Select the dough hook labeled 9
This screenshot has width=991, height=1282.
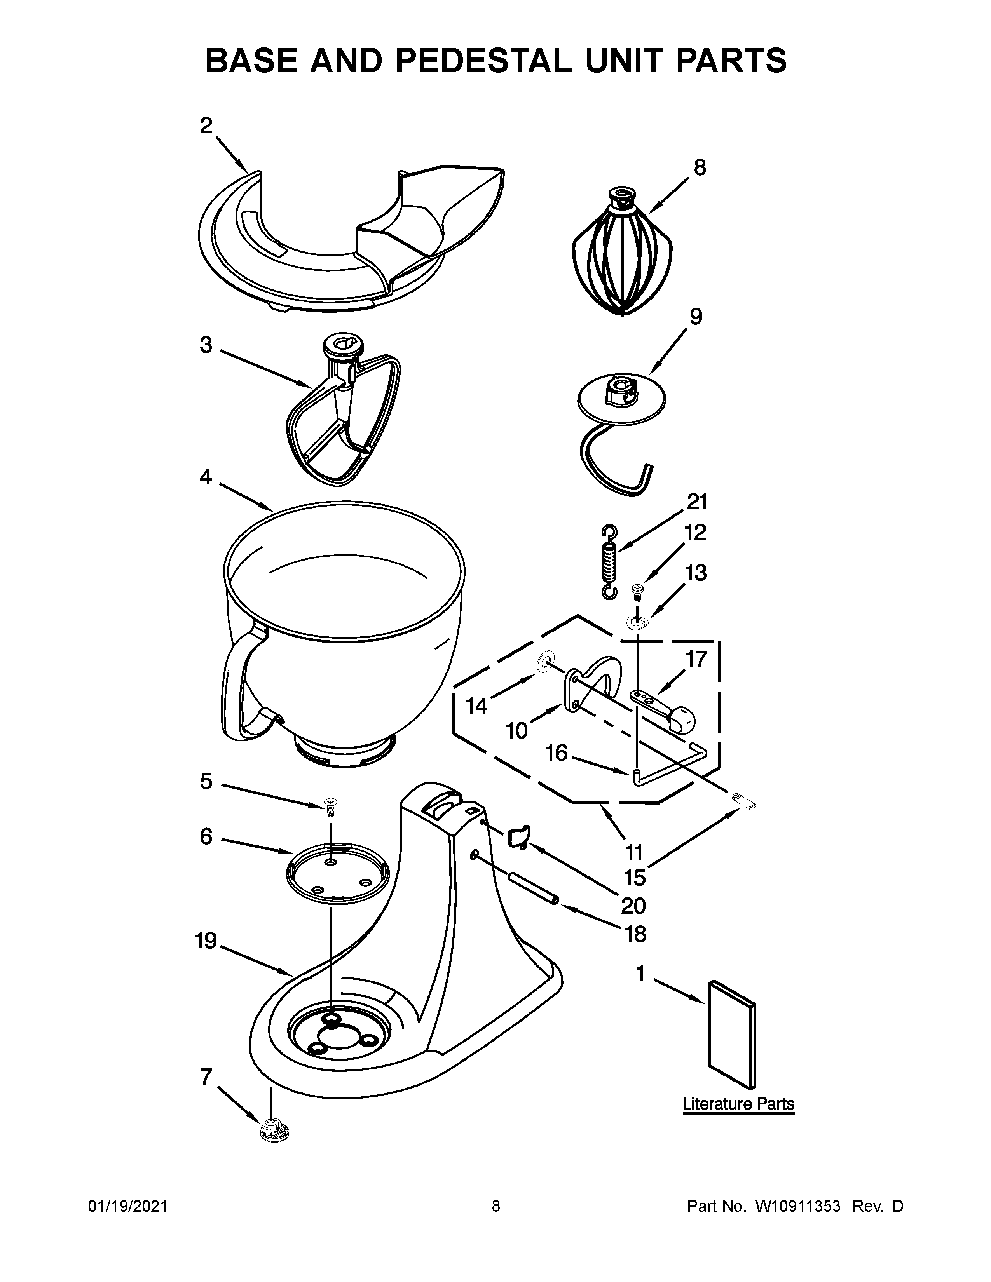(621, 405)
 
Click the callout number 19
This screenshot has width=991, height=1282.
(206, 942)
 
